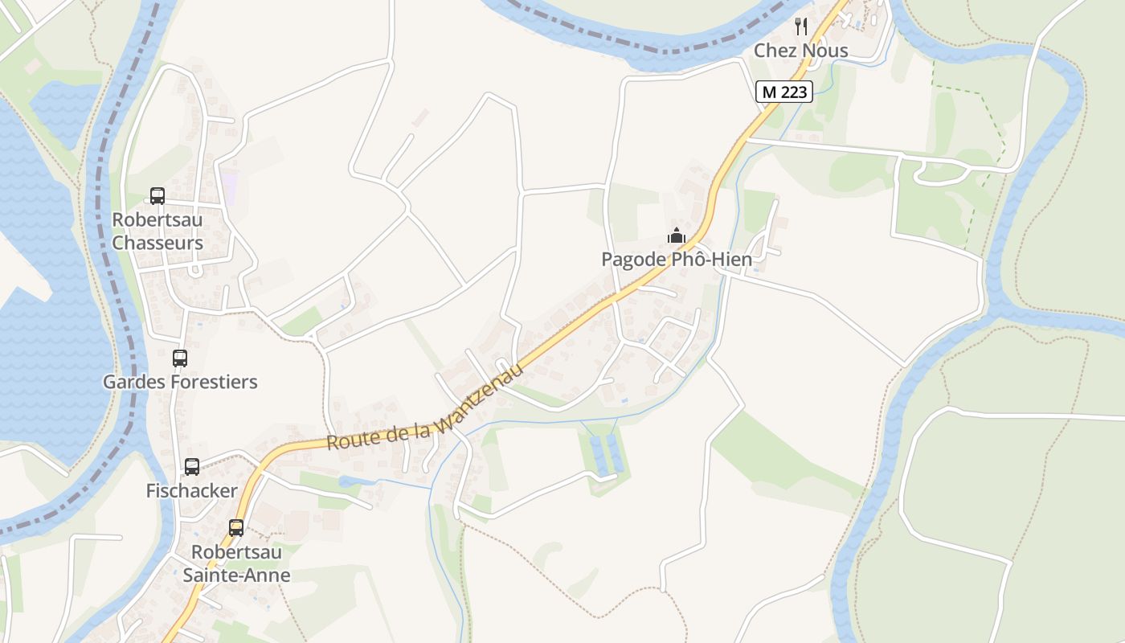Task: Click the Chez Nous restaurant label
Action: (800, 51)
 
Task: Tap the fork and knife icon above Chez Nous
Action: (800, 27)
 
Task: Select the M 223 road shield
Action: (784, 92)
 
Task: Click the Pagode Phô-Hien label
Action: (677, 260)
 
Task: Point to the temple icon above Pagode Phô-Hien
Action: (677, 236)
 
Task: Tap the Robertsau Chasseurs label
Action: (157, 231)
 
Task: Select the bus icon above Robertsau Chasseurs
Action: (157, 196)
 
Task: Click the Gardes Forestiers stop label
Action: (180, 382)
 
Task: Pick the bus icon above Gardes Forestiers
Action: (180, 358)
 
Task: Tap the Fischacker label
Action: (191, 490)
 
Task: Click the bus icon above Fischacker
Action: (192, 467)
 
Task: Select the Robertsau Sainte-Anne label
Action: (236, 563)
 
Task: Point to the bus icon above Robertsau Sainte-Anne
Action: (236, 528)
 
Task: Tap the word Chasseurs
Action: (157, 243)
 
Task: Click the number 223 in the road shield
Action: (793, 92)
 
